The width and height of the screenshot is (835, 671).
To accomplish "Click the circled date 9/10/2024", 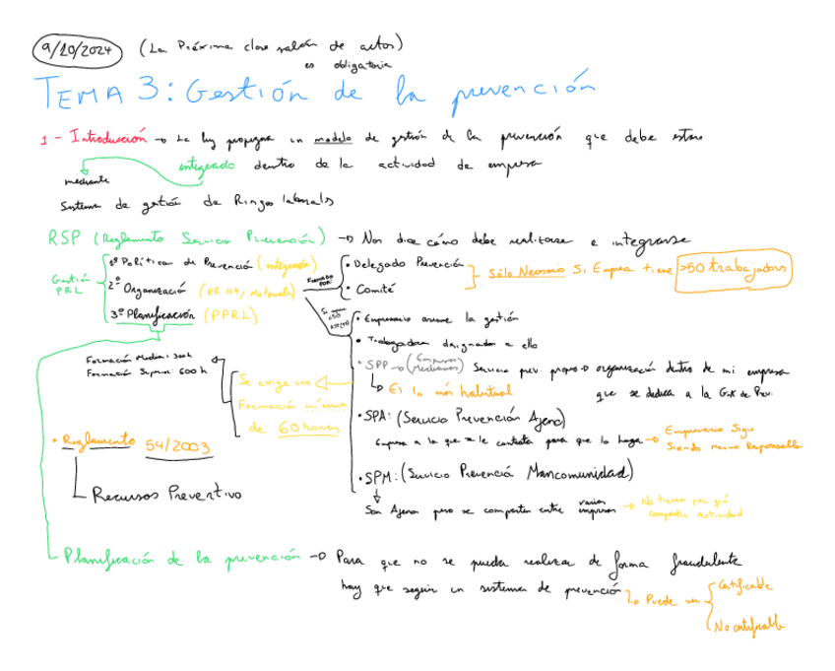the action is pyautogui.click(x=77, y=48).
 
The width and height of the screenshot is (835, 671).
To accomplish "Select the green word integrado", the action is pyautogui.click(x=207, y=166).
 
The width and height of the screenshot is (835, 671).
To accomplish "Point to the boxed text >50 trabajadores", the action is pyautogui.click(x=735, y=269).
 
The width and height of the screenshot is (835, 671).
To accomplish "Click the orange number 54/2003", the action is pyautogui.click(x=178, y=446).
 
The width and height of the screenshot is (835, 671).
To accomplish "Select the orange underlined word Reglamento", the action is pyautogui.click(x=97, y=442).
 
